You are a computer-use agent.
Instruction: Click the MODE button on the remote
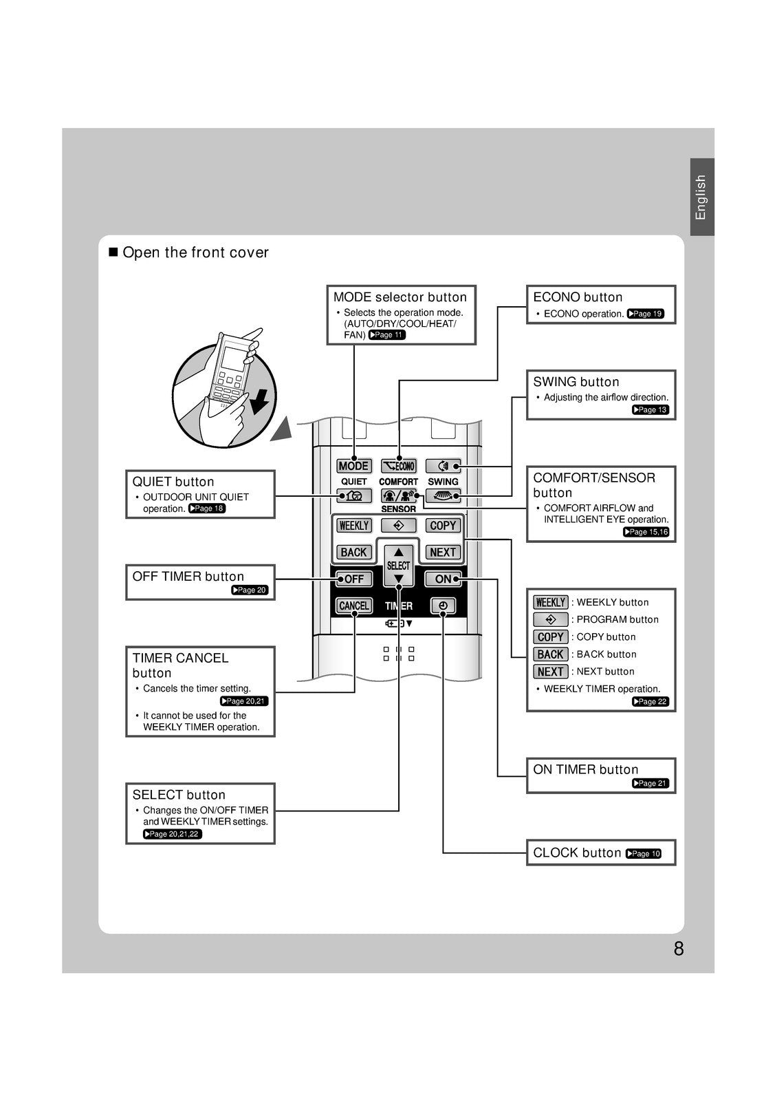click(354, 466)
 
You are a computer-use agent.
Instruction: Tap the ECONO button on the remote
click(399, 466)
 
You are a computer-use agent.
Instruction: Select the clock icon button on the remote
click(443, 606)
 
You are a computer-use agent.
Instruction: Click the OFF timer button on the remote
click(354, 579)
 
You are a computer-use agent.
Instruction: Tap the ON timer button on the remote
click(443, 579)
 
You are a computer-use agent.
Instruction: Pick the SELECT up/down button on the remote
click(399, 566)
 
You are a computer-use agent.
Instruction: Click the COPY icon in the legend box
click(550, 637)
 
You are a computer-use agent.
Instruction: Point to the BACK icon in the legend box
click(550, 654)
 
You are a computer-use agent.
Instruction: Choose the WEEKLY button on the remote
click(354, 525)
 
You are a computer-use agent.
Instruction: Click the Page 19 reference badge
click(646, 314)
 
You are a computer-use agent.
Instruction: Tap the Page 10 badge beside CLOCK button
click(644, 853)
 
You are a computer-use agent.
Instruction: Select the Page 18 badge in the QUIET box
click(207, 509)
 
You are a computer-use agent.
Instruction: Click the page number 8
click(679, 949)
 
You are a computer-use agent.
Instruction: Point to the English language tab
click(701, 197)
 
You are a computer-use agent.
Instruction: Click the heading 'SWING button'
click(576, 382)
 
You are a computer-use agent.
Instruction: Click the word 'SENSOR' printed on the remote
click(399, 509)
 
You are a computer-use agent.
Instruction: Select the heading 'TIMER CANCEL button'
click(180, 665)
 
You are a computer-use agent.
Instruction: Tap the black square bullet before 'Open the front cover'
click(113, 253)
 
